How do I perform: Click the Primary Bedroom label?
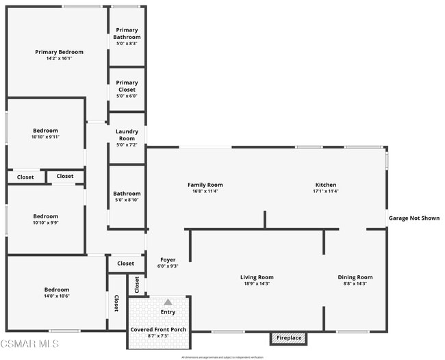point(60,52)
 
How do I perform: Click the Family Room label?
point(205,185)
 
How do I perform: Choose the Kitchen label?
point(325,185)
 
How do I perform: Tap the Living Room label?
point(257,277)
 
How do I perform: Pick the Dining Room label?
point(355,277)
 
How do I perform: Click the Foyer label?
point(168,260)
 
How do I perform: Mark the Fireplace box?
point(288,338)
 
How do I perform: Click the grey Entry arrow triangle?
point(168,301)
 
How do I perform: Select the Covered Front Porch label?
point(159,329)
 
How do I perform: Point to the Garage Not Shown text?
point(414,218)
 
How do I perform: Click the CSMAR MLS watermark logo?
point(29,343)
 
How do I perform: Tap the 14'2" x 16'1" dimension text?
point(60,58)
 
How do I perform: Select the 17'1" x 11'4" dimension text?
point(325,191)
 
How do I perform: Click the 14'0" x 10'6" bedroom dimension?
point(57,296)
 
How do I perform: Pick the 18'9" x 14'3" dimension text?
point(257,283)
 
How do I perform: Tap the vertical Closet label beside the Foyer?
point(137,283)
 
